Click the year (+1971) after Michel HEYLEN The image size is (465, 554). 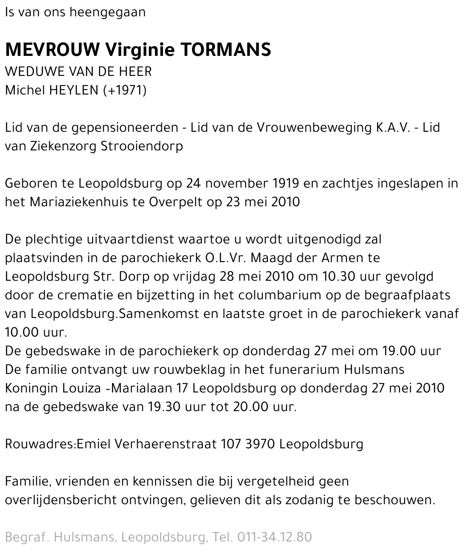pyautogui.click(x=125, y=90)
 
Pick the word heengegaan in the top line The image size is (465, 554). pyautogui.click(x=107, y=12)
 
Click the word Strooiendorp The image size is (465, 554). pyautogui.click(x=142, y=146)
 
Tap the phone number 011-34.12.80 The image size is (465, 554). pyautogui.click(x=274, y=537)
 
